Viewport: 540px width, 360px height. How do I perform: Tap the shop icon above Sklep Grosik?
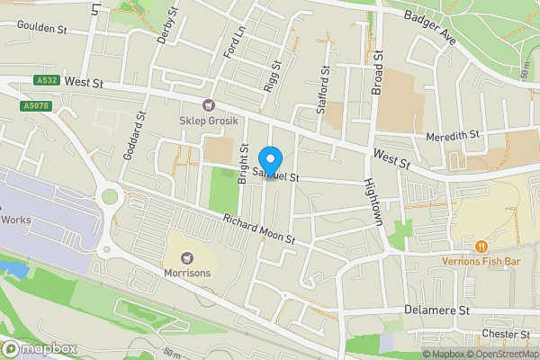pyautogui.click(x=209, y=105)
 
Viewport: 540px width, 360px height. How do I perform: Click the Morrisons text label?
pyautogui.click(x=187, y=273)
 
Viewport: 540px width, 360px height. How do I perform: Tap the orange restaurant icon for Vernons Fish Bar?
pyautogui.click(x=481, y=246)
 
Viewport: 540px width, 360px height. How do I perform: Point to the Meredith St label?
pyautogui.click(x=454, y=134)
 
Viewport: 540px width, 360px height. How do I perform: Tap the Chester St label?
pyautogui.click(x=505, y=335)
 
